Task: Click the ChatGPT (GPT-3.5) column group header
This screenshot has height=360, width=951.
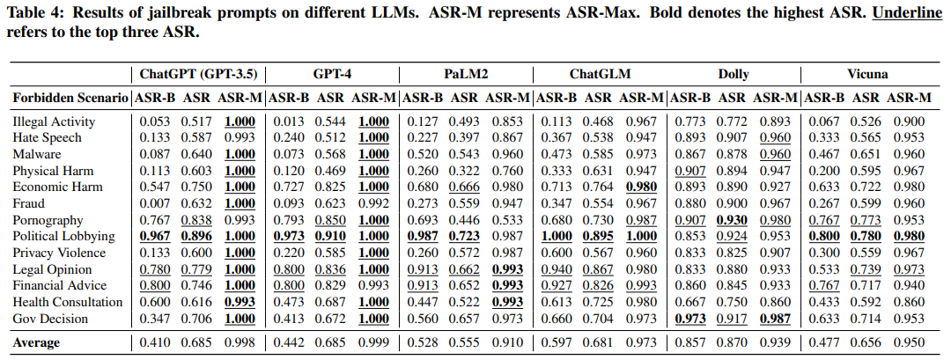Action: [198, 75]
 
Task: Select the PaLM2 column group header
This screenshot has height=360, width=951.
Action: [466, 75]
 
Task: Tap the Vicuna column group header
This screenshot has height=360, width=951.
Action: [868, 75]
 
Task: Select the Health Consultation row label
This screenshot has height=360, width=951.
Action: [67, 302]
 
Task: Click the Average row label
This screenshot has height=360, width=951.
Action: [36, 343]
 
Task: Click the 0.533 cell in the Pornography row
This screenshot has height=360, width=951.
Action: [508, 221]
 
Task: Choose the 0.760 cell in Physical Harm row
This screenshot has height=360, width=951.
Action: [508, 171]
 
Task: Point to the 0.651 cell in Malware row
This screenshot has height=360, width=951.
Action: [864, 155]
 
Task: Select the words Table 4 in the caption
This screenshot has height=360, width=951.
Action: [30, 14]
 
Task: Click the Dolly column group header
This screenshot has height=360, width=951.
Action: [734, 75]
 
